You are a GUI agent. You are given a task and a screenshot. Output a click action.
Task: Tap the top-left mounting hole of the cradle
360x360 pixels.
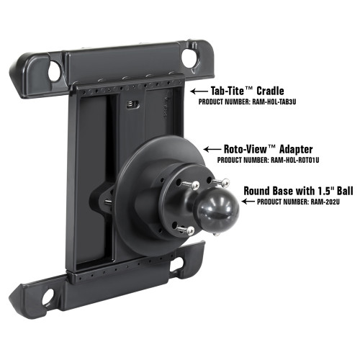(54, 71)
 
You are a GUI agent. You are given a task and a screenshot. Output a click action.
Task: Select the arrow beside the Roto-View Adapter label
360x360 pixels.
(212, 148)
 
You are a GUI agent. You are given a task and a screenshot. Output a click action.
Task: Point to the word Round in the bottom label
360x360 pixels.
(260, 192)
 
